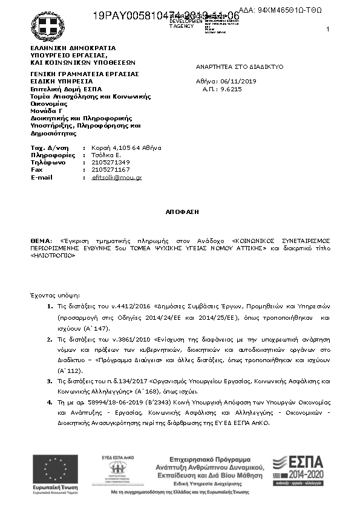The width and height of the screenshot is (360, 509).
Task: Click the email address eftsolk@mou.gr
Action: [x=117, y=178]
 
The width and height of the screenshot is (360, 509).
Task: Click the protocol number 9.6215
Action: [x=231, y=89]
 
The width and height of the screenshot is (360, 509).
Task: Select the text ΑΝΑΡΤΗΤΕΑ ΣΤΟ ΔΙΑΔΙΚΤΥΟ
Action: [x=240, y=66]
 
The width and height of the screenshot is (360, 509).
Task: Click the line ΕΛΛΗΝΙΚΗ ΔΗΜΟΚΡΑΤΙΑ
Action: [x=73, y=48]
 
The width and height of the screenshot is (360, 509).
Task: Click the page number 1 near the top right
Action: [x=327, y=30]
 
